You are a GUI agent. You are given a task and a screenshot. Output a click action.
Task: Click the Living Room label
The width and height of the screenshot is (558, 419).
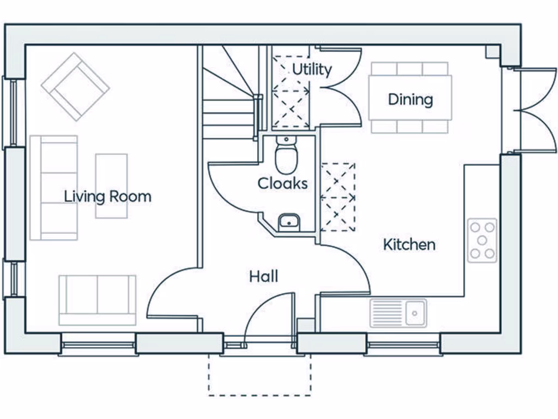pyautogui.click(x=107, y=196)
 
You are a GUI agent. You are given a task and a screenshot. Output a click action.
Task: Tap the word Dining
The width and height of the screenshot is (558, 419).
pyautogui.click(x=410, y=99)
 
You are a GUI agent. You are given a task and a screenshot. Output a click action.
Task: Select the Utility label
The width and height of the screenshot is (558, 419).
pyautogui.click(x=312, y=69)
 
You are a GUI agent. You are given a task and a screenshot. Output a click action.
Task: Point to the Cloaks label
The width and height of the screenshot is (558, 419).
pyautogui.click(x=283, y=183)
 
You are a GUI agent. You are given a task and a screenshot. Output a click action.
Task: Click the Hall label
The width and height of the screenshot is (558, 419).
pyautogui.click(x=264, y=277)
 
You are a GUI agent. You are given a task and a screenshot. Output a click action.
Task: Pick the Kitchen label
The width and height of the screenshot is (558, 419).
pyautogui.click(x=409, y=244)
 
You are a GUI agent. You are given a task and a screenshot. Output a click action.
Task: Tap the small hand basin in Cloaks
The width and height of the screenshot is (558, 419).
pyautogui.click(x=289, y=223)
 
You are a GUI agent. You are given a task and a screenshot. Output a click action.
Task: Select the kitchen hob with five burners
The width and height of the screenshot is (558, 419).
pyautogui.click(x=482, y=241)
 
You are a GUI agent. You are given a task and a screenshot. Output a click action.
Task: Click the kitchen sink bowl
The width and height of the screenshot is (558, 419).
pyautogui.click(x=415, y=313)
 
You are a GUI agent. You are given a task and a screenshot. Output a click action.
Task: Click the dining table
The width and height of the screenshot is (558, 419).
pyautogui.click(x=410, y=98)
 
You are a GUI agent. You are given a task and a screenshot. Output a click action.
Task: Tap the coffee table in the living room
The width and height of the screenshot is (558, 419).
pyautogui.click(x=111, y=185)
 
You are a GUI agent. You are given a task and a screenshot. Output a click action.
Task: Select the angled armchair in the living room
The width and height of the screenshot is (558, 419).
pyautogui.click(x=75, y=87)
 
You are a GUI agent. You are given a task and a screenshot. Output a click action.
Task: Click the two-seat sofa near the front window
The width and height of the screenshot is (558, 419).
pyautogui.click(x=98, y=300)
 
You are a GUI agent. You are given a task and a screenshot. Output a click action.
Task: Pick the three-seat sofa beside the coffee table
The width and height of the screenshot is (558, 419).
pyautogui.click(x=54, y=188)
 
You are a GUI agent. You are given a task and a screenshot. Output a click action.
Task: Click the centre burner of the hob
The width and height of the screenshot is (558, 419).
pyautogui.click(x=482, y=241)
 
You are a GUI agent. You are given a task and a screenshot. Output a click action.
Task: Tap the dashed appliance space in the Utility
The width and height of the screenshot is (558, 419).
pyautogui.click(x=290, y=92)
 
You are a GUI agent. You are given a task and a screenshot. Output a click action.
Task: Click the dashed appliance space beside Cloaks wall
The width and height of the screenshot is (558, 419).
pyautogui.click(x=338, y=197)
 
